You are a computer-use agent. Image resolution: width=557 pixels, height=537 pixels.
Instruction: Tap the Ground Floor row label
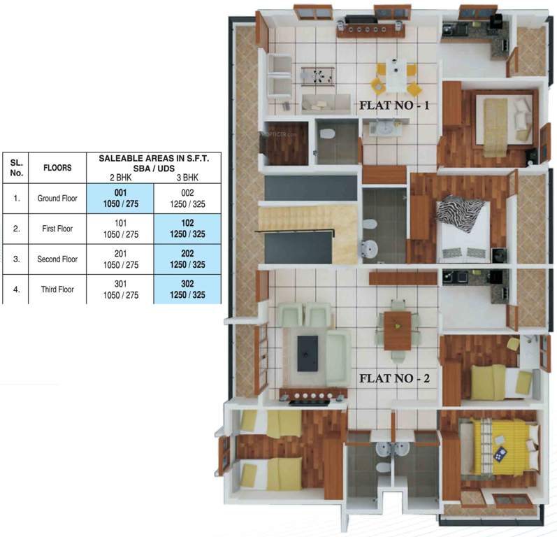point(57,198)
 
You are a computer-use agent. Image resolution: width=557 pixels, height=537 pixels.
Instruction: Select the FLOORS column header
point(57,168)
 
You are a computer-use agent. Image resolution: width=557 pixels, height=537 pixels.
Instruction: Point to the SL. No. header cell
point(16,168)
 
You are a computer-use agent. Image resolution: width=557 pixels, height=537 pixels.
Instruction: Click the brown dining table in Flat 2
point(397,330)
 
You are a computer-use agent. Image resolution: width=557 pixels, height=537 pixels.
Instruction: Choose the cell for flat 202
point(189,259)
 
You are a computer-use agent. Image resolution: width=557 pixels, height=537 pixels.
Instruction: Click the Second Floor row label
point(57,259)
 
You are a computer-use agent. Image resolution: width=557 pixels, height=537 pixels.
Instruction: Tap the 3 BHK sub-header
point(189,178)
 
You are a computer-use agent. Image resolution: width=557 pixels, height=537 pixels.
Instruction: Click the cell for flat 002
point(189,197)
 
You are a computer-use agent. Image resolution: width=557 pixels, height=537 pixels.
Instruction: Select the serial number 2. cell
point(16,228)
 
